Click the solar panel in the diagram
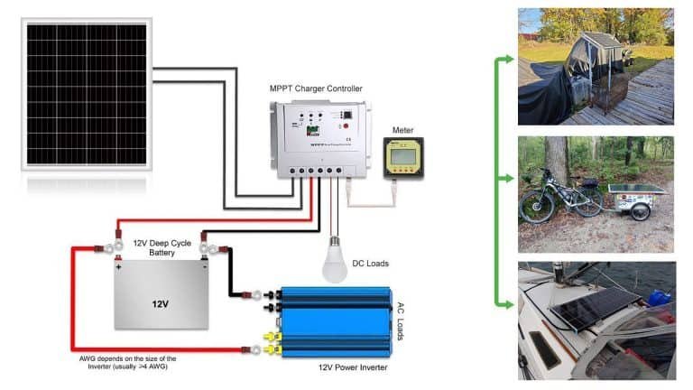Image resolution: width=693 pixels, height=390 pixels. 88,94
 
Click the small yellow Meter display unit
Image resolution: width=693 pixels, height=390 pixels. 402,159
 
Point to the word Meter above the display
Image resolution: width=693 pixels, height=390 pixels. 402,131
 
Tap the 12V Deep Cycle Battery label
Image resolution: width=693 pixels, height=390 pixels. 162,248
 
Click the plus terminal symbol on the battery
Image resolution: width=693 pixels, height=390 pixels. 118,268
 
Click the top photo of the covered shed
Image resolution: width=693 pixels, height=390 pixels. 596,66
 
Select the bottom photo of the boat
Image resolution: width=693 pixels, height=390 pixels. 596,320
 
